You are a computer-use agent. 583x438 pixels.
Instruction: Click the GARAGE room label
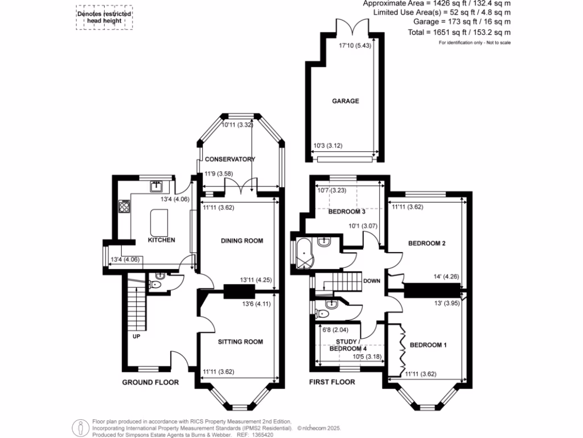pos(346,101)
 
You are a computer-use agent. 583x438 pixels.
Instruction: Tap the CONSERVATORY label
pos(230,159)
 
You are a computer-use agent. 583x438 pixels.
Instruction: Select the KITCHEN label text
pos(161,240)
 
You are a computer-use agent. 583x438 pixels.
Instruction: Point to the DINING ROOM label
pos(242,241)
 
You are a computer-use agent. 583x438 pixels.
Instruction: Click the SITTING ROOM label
pos(241,342)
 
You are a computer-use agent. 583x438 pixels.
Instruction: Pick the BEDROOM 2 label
pos(426,244)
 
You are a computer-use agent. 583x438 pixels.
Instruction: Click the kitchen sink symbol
pos(157,186)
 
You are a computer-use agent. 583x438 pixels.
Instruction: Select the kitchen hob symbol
pos(123,205)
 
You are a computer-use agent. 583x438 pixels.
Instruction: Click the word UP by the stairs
pos(137,336)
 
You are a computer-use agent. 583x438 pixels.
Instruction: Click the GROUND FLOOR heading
pos(150,382)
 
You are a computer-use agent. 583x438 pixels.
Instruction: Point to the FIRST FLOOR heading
pos(332,382)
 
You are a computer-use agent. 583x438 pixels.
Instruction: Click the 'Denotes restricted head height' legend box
pos(104,18)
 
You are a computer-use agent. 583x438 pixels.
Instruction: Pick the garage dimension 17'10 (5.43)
pos(355,46)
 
